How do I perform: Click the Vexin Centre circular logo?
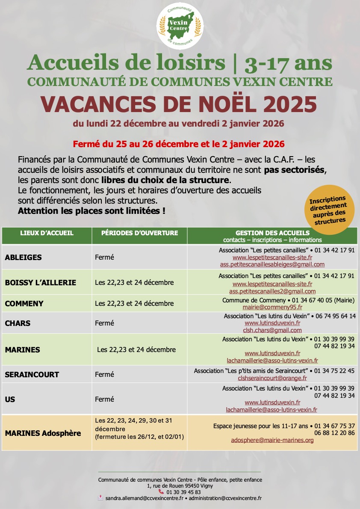(x=180, y=26)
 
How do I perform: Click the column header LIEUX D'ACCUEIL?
(x=47, y=233)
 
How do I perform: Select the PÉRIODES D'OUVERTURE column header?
(x=140, y=233)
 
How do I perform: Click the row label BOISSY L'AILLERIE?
(x=41, y=283)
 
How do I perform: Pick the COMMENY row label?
(x=24, y=304)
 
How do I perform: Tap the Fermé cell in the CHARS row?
(x=104, y=323)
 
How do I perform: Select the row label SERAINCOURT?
(x=32, y=375)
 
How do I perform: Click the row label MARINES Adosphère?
(x=43, y=433)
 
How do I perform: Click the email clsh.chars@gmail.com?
(x=272, y=330)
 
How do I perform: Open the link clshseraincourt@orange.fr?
(x=272, y=378)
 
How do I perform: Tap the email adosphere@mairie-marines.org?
(x=272, y=440)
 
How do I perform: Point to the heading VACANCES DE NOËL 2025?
(x=180, y=104)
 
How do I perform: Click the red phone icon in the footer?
(x=161, y=492)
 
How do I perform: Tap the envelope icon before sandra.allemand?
(x=100, y=498)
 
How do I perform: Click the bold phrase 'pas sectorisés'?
(x=295, y=170)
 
